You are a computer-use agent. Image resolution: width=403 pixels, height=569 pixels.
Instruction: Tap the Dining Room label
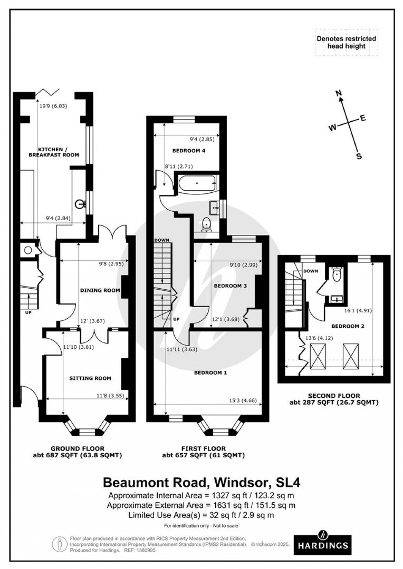pyautogui.click(x=100, y=290)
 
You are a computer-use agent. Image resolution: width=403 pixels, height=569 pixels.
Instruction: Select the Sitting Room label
pyautogui.click(x=90, y=378)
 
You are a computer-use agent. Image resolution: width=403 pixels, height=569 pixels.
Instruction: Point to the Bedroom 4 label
pyautogui.click(x=189, y=150)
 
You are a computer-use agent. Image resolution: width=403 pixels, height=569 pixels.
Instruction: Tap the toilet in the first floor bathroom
pyautogui.click(x=206, y=224)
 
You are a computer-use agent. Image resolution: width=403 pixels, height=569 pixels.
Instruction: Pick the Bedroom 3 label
pyautogui.click(x=230, y=285)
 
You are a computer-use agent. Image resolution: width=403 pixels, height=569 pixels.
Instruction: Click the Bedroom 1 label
pyautogui.click(x=210, y=372)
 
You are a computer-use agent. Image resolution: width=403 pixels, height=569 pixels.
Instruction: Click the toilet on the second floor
pyautogui.click(x=337, y=275)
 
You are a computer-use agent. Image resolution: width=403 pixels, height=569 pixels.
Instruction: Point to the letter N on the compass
pyautogui.click(x=338, y=94)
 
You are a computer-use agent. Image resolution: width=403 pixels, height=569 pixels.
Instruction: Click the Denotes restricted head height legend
pyautogui.click(x=346, y=42)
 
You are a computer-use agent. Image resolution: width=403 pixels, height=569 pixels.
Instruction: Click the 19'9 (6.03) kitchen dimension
pyautogui.click(x=53, y=106)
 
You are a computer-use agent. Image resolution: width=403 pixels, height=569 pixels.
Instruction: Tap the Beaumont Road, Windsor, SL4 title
pyautogui.click(x=201, y=483)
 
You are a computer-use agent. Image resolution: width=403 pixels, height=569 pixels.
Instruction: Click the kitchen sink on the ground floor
pyautogui.click(x=81, y=204)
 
